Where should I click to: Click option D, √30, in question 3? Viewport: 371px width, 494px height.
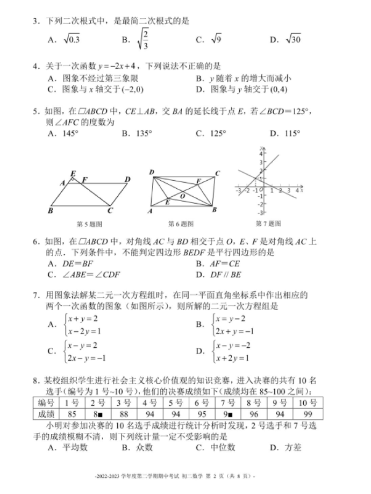[x=293, y=39]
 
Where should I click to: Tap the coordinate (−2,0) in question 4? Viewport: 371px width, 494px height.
[x=132, y=89]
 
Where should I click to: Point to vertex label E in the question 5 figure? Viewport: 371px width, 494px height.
[x=73, y=173]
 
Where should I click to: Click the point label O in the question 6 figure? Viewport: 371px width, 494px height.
[x=182, y=196]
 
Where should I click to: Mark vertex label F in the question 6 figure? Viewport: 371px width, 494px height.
[x=199, y=181]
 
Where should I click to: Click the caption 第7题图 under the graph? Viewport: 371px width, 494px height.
[x=268, y=223]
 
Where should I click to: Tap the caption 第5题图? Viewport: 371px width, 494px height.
[x=89, y=224]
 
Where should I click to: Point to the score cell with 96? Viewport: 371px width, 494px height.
[x=254, y=414]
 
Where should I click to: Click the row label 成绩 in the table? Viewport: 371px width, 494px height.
[x=46, y=414]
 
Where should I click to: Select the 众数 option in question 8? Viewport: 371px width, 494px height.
[x=144, y=447]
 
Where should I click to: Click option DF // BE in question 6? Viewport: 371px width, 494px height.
[x=226, y=275]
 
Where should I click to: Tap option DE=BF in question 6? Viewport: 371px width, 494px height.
[x=77, y=264]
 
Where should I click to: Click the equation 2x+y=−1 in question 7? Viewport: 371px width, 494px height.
[x=235, y=331]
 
